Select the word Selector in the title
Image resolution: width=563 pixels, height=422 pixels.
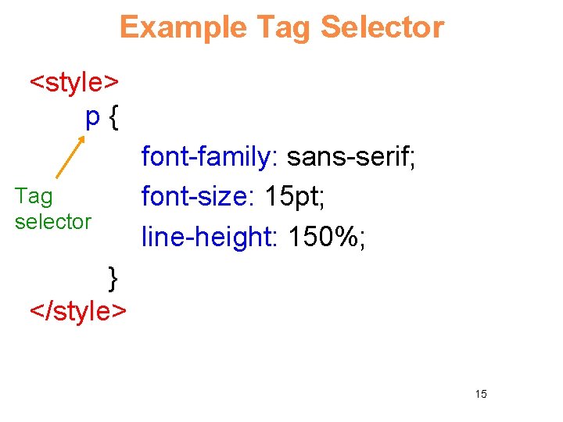[382, 27]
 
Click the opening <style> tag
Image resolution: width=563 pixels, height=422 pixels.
[74, 81]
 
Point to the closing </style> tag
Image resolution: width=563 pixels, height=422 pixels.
[78, 310]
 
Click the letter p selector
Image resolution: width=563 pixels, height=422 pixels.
[92, 118]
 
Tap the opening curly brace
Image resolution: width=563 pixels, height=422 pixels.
[114, 118]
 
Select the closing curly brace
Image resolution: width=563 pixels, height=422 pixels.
[113, 277]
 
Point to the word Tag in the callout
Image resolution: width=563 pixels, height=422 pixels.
[34, 196]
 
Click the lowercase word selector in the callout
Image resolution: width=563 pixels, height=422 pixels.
[53, 221]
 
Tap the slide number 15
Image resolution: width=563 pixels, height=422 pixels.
[481, 394]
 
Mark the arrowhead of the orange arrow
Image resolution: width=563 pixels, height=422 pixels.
[82, 138]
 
